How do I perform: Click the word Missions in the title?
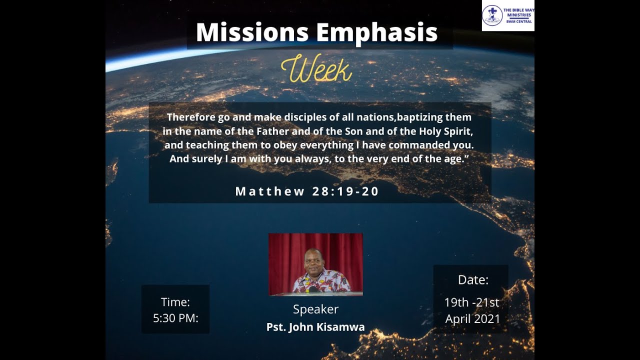point(252,32)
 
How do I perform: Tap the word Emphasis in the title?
point(377,32)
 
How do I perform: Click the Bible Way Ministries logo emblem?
point(492,15)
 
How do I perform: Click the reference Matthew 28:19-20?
point(307,191)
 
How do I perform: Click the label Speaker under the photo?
point(315,309)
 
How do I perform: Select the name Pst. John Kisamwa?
point(315,327)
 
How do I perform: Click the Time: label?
point(175,302)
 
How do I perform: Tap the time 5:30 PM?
point(175,318)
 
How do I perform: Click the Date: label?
point(473,280)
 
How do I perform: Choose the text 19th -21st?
point(471,302)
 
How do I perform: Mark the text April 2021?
point(472,319)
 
